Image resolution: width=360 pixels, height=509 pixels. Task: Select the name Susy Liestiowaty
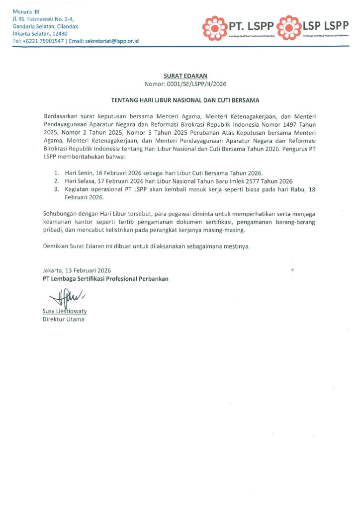click(x=65, y=311)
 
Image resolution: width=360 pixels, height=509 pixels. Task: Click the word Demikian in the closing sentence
click(x=55, y=246)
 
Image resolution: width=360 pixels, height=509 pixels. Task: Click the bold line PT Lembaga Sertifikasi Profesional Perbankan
click(x=105, y=278)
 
